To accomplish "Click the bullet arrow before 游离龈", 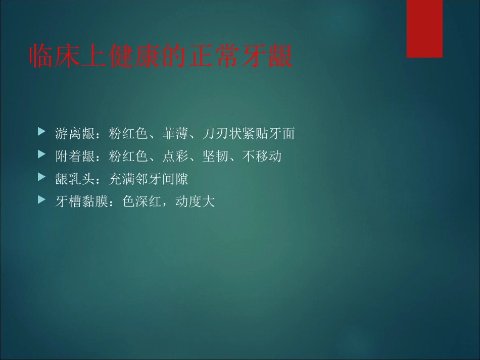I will click(41, 133).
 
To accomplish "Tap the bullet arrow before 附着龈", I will click(41, 156).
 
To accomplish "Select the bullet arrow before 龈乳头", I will click(41, 178).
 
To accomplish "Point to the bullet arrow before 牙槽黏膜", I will click(41, 200).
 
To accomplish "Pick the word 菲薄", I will click(176, 134).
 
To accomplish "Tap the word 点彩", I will click(176, 156).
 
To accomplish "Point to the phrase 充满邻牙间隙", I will click(149, 179).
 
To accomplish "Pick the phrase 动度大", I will click(195, 201).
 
